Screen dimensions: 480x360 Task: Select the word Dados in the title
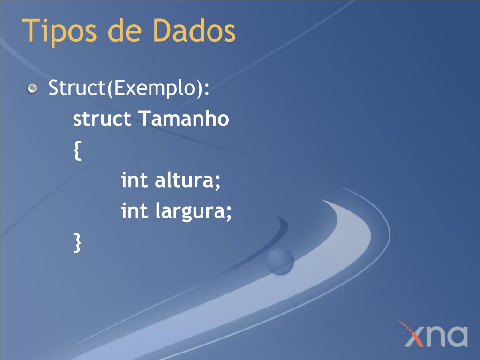(x=194, y=30)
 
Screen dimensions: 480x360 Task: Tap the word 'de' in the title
(x=125, y=30)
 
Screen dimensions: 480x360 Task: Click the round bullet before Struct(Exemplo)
(x=32, y=88)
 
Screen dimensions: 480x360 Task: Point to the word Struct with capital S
(x=77, y=88)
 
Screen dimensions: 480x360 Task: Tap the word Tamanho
(x=184, y=118)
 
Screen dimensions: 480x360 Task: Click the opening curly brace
(x=77, y=150)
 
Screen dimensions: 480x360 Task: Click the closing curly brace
(x=77, y=242)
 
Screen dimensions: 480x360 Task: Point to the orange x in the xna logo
(x=412, y=335)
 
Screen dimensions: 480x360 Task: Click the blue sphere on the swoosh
(x=280, y=261)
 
